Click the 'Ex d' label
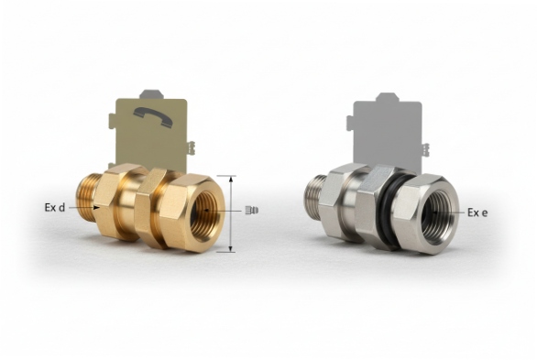pos(55,208)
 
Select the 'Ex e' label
pos(477,213)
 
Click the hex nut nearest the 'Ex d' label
pos(116,202)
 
